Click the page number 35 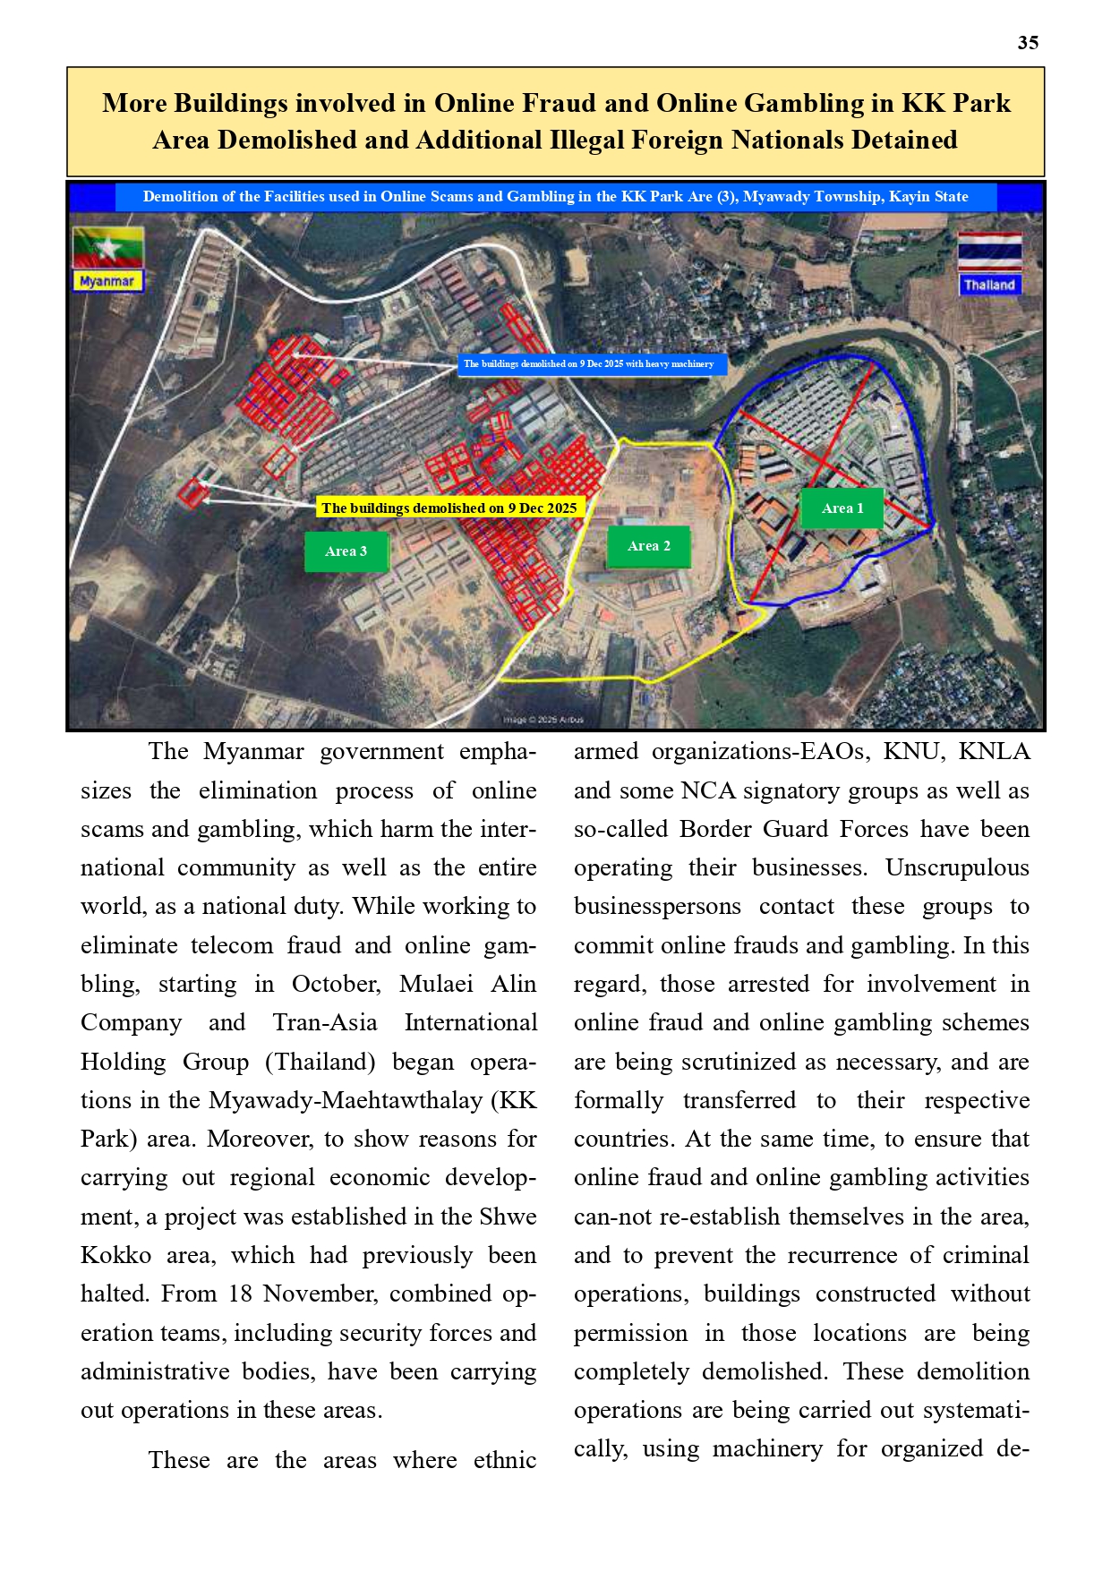point(1028,43)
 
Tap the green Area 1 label point(842,508)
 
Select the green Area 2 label point(648,546)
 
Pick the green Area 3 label point(346,551)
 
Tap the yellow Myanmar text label point(107,281)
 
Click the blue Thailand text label point(989,285)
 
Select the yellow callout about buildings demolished point(449,508)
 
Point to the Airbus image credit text point(543,719)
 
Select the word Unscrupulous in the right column point(957,867)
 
